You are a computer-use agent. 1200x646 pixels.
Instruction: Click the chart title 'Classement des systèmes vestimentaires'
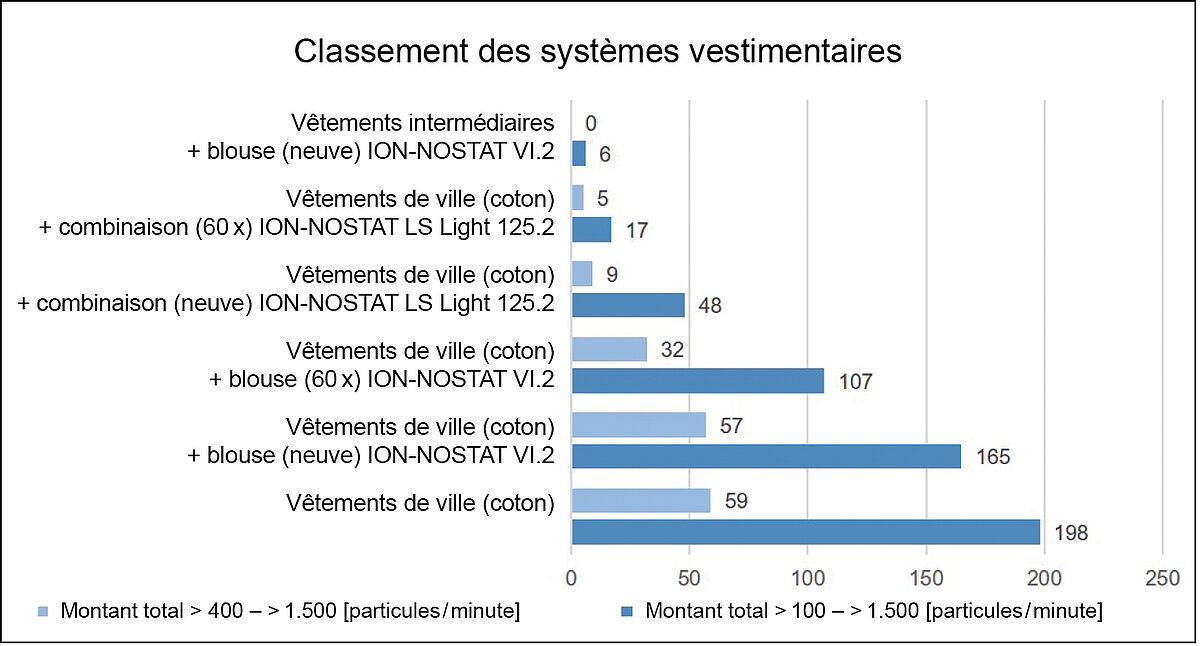[597, 52]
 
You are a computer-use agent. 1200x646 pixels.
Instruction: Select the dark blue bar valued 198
[805, 532]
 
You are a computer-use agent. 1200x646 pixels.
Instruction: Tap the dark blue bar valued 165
[766, 456]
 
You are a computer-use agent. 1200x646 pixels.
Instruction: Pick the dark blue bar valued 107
[697, 380]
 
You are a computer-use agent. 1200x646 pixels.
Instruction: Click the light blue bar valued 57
[638, 425]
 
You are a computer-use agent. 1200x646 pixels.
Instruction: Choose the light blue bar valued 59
[640, 500]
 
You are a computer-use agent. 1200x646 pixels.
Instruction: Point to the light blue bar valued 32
[609, 349]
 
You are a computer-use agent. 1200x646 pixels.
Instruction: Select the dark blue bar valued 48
[628, 304]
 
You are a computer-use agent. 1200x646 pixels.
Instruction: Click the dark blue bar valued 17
[591, 229]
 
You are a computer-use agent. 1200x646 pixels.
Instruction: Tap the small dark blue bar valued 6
[578, 153]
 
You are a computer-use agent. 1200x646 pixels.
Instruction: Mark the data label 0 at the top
[591, 123]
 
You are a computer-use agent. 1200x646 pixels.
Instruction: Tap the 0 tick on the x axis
[571, 578]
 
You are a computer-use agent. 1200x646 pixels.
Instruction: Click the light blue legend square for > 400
[42, 611]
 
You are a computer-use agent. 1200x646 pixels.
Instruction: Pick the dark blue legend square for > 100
[627, 611]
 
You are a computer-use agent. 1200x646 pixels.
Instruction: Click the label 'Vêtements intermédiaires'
[423, 122]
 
